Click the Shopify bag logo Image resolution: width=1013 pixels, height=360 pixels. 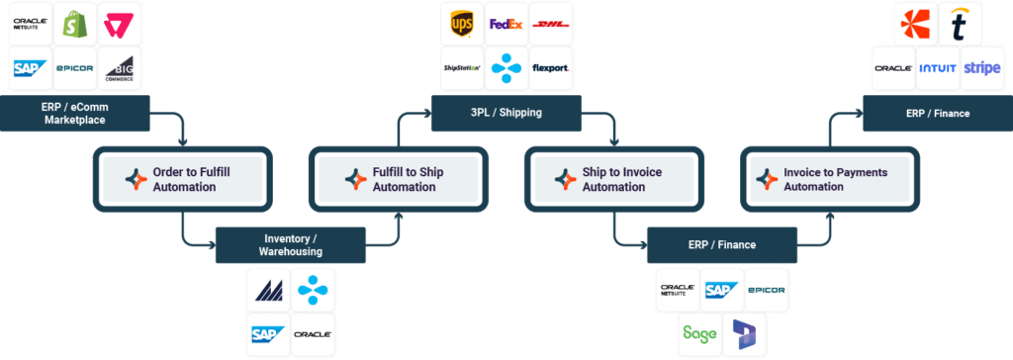(x=75, y=24)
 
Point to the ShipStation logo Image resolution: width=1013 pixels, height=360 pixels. (x=460, y=68)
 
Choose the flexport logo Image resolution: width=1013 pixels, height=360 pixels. (x=550, y=68)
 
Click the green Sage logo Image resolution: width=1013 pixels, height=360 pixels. (x=699, y=333)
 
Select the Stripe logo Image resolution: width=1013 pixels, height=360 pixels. (x=981, y=68)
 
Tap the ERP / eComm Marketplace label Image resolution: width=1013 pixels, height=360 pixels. (x=75, y=113)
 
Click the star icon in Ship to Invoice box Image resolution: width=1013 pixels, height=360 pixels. (x=566, y=179)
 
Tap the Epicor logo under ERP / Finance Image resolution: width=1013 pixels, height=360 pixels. (x=766, y=290)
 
